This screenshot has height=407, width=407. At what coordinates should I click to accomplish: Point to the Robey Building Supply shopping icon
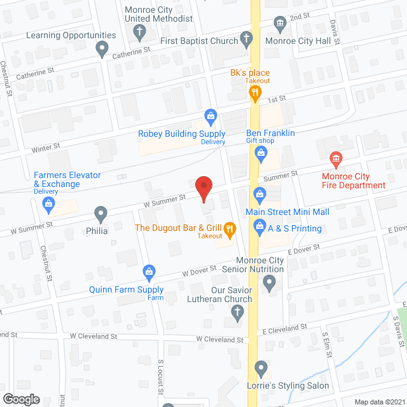point(210,116)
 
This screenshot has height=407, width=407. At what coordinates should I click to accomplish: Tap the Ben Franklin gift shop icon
point(260,153)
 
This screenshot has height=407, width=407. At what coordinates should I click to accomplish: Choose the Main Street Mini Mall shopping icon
point(259,193)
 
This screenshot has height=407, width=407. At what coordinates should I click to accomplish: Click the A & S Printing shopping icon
point(259,225)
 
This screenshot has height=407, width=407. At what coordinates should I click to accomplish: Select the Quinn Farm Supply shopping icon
point(149,273)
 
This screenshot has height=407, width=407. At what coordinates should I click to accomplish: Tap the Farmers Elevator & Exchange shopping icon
point(48,204)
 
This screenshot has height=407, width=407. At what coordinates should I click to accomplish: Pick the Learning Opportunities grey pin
point(101,48)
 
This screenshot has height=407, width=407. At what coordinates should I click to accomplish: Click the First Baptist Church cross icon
point(244,41)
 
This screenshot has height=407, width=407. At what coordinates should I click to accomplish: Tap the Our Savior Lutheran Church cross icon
point(237,312)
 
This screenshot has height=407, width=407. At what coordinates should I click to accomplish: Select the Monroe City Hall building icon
point(280,24)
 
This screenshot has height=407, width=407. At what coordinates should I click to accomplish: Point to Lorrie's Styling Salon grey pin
point(261,368)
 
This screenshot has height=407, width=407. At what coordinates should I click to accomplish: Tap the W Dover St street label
point(200,271)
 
